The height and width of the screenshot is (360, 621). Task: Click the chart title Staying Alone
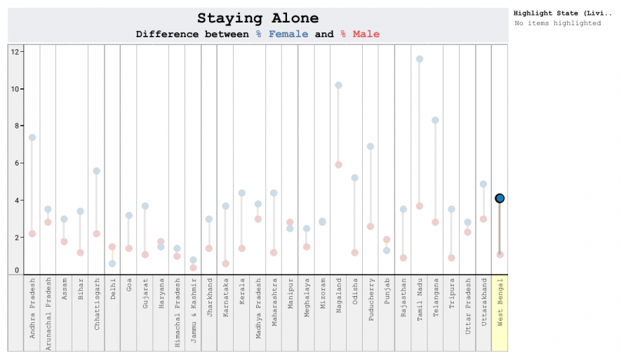point(258,19)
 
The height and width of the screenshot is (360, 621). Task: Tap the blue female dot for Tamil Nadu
point(420,59)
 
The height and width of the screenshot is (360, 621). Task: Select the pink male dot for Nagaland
point(338,165)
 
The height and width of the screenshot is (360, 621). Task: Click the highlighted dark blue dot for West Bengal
point(500,199)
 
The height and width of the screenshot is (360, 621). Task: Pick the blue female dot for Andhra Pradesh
point(32,138)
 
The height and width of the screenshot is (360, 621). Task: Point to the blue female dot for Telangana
point(435,121)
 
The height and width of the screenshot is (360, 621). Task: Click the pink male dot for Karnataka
point(225,264)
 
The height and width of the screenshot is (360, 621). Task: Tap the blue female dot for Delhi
point(112,264)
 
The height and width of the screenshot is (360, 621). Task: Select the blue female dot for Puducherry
point(370,147)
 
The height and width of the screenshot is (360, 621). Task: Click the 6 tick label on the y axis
point(15,164)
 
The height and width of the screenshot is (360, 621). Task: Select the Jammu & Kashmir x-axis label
point(193,312)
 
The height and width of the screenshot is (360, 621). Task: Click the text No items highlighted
point(557,23)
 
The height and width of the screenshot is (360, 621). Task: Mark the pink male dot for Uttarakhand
point(483,219)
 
